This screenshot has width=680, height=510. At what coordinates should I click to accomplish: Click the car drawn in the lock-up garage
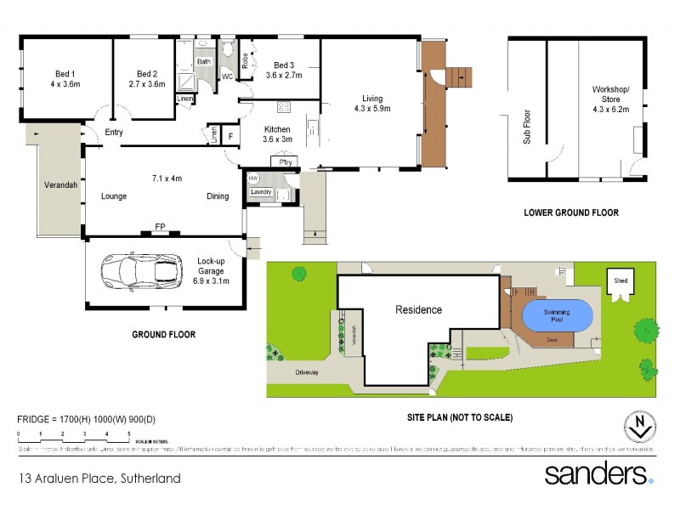(141, 272)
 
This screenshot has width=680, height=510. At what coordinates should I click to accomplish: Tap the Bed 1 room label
(62, 78)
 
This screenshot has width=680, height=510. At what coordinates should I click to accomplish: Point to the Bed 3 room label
(284, 71)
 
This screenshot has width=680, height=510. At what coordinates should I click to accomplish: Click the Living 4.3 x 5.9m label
(372, 103)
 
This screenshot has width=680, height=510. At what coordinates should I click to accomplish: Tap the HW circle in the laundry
(253, 178)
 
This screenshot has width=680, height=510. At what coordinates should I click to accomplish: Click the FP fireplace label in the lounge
(159, 227)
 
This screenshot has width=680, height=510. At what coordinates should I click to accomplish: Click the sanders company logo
(598, 473)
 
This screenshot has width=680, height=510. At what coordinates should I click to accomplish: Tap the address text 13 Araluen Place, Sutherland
(99, 479)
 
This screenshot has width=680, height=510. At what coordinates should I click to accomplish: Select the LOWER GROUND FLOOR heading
(570, 212)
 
